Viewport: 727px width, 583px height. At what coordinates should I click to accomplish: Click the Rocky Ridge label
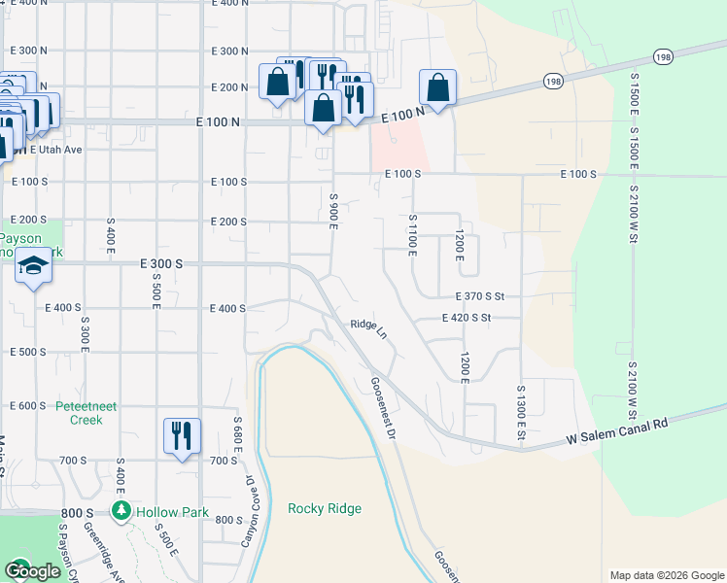coord(325,508)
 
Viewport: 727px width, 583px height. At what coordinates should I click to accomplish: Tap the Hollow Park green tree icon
coord(121,511)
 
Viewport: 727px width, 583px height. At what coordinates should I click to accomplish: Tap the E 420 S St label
coord(467,318)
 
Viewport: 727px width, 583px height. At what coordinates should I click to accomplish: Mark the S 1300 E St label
coord(521,411)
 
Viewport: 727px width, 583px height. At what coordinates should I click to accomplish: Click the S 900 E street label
coord(332,211)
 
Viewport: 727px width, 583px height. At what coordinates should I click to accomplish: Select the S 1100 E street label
coord(412,235)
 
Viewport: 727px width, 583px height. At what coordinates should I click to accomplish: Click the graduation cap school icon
coord(33,267)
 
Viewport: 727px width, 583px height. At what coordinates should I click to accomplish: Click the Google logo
coord(32,571)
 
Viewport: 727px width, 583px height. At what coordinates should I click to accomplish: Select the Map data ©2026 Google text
coord(666,575)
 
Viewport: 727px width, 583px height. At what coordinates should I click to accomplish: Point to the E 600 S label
coord(28,406)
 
